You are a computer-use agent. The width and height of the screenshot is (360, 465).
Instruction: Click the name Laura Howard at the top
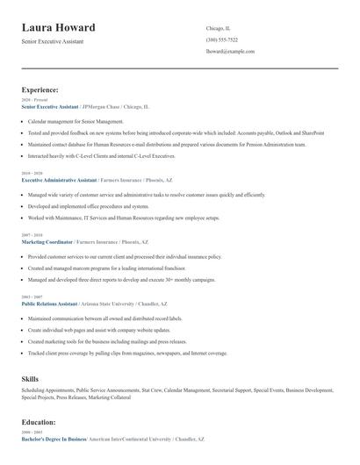coord(60,27)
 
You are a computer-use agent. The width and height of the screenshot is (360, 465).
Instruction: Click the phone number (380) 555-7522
coord(222,39)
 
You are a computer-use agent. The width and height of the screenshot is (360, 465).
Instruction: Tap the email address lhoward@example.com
coord(230,52)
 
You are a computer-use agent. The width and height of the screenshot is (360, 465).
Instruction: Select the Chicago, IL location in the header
coord(220,27)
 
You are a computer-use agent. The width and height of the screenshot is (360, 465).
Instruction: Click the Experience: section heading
coord(40,89)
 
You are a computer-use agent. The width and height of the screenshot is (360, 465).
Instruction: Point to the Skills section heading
coord(30,378)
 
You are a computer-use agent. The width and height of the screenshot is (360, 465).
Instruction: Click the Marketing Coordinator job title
coord(47,241)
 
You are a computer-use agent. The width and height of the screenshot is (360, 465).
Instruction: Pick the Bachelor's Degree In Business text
coord(54,437)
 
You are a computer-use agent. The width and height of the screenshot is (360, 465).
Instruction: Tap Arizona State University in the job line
coord(110,303)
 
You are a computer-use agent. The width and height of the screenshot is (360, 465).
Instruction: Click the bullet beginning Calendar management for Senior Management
coord(76,121)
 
